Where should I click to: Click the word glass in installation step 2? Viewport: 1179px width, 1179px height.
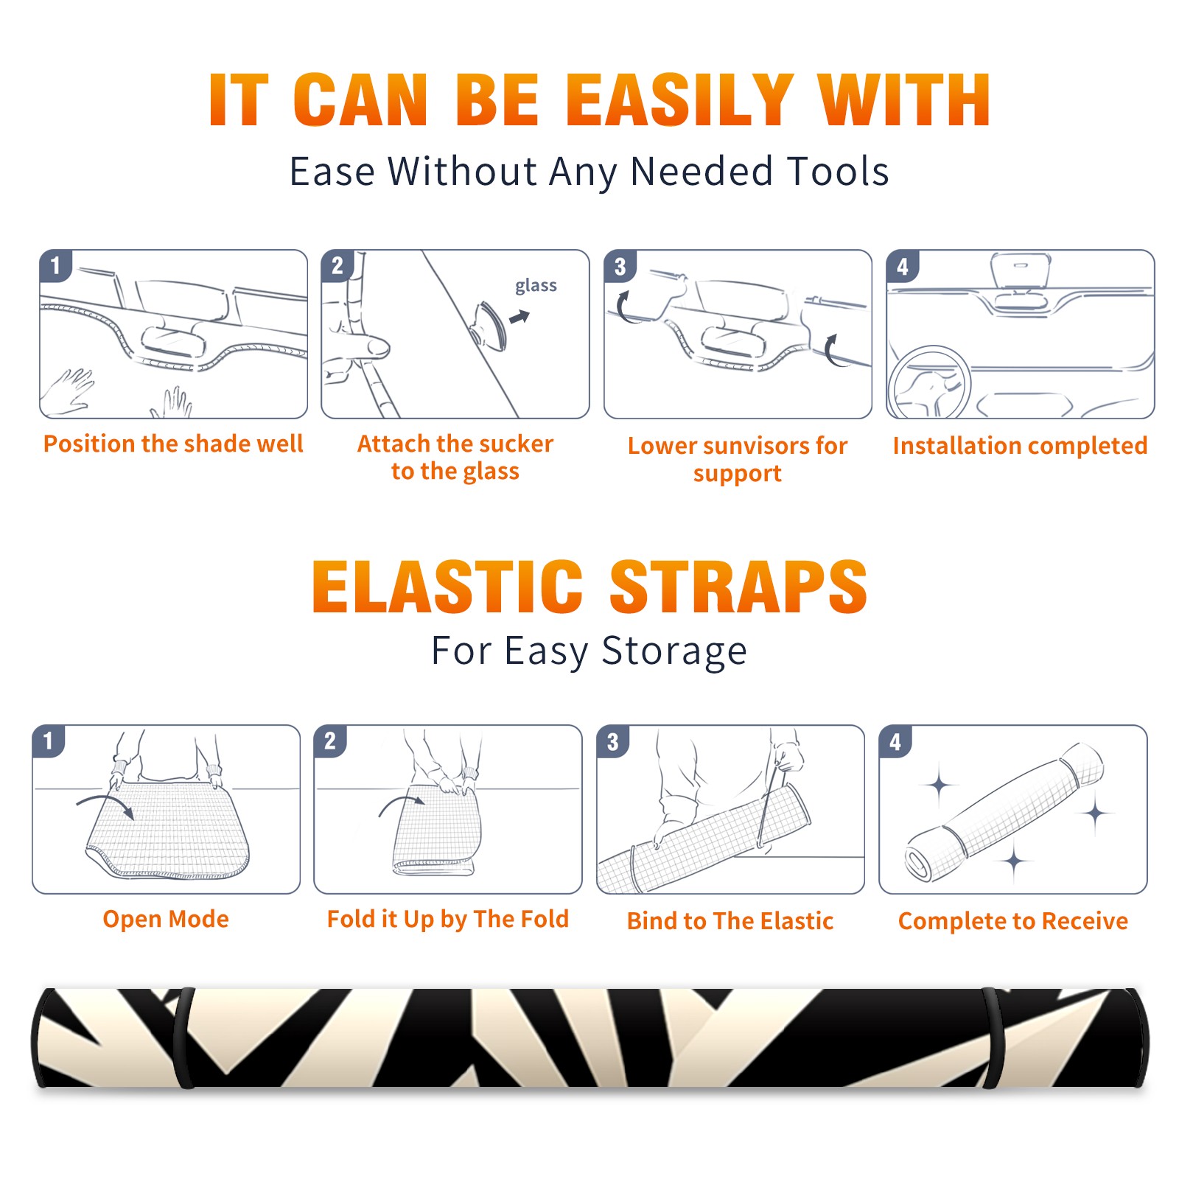536,286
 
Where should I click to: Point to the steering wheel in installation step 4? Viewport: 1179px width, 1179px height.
928,382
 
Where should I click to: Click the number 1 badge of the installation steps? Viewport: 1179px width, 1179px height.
55,265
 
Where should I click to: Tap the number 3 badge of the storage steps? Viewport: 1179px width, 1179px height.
613,741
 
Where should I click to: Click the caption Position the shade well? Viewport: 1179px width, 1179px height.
173,444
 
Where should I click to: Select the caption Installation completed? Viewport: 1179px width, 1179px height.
1020,446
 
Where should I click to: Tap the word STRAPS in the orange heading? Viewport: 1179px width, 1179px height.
738,586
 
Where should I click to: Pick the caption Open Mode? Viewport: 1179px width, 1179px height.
166,919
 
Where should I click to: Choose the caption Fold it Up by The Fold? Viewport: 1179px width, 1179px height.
448,919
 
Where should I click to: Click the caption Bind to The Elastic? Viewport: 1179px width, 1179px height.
730,921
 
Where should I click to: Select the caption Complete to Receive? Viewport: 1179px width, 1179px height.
1013,921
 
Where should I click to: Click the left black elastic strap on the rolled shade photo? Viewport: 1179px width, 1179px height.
184,1038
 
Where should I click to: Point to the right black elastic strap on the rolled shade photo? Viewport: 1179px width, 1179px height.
993,1038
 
